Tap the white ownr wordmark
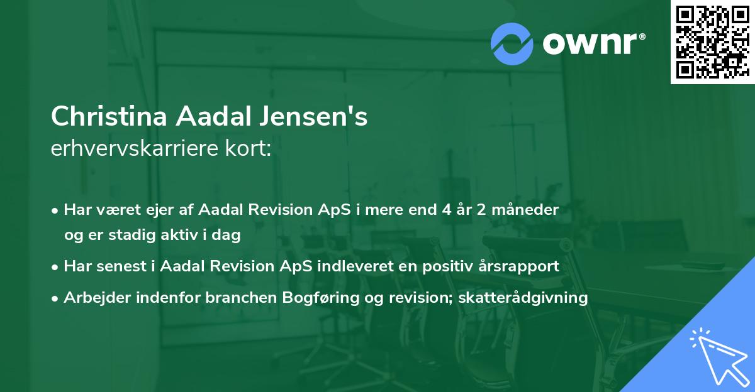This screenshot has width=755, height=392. coord(591,44)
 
